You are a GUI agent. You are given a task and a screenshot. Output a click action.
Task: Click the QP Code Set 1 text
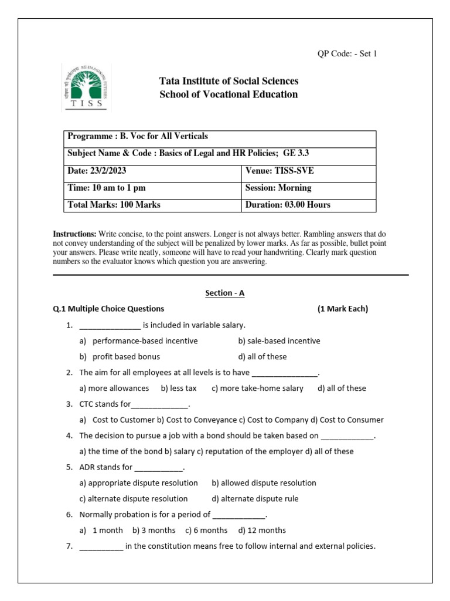(x=347, y=54)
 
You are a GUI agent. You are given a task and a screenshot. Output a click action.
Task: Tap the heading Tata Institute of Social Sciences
(x=229, y=81)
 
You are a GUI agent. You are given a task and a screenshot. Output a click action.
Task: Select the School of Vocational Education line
(x=229, y=94)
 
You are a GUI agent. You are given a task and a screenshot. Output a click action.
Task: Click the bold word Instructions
(x=74, y=234)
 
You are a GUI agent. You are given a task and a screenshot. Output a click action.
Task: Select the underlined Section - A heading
(x=225, y=293)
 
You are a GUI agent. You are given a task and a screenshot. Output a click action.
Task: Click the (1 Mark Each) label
(x=343, y=309)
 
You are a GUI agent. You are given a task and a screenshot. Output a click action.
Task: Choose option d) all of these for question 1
(x=262, y=356)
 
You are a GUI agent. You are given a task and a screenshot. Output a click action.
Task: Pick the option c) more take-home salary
(x=257, y=388)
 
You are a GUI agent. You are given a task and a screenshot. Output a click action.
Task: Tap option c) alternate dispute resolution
(x=134, y=499)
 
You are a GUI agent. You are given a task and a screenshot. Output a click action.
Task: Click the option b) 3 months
(x=154, y=530)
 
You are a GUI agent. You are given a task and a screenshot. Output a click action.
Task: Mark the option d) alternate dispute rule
(x=255, y=499)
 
